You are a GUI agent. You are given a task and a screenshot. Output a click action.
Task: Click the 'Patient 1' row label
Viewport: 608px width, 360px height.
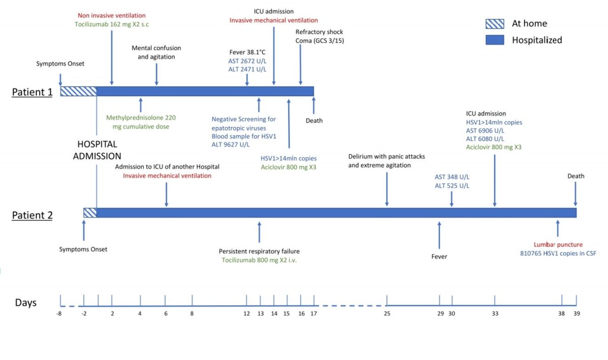tap(32, 93)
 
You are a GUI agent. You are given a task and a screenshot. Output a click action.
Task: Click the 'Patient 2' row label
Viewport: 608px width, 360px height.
tap(32, 215)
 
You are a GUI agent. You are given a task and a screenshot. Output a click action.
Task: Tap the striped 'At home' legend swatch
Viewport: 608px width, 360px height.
tap(495, 23)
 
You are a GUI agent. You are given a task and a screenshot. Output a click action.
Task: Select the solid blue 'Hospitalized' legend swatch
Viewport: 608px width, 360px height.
tap(495, 40)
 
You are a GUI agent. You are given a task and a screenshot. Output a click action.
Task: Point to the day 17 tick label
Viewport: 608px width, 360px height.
tap(314, 314)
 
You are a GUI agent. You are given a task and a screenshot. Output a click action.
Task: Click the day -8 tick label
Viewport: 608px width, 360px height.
tap(60, 314)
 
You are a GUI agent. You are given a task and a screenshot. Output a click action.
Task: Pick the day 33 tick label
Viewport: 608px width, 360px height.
tap(495, 314)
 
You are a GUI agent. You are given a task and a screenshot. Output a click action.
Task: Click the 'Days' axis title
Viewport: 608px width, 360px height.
tap(25, 303)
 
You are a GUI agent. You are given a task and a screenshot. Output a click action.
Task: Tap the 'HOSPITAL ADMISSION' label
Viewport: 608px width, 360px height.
tap(97, 150)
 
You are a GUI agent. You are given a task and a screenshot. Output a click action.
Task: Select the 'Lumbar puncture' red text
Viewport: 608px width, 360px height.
tap(557, 245)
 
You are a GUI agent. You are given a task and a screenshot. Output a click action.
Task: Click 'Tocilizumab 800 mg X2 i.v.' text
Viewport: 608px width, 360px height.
tap(259, 260)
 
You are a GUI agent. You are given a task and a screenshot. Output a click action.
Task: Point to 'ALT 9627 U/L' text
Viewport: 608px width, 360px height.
tap(231, 144)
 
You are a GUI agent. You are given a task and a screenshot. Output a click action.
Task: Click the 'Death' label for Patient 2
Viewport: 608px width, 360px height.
tap(576, 176)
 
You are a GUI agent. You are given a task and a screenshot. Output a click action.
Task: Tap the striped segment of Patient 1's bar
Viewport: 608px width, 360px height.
tap(78, 91)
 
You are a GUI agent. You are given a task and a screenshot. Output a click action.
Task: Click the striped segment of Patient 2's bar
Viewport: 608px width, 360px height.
tap(90, 212)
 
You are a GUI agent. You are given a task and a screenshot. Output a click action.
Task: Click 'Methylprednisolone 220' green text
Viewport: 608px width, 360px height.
tap(141, 118)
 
